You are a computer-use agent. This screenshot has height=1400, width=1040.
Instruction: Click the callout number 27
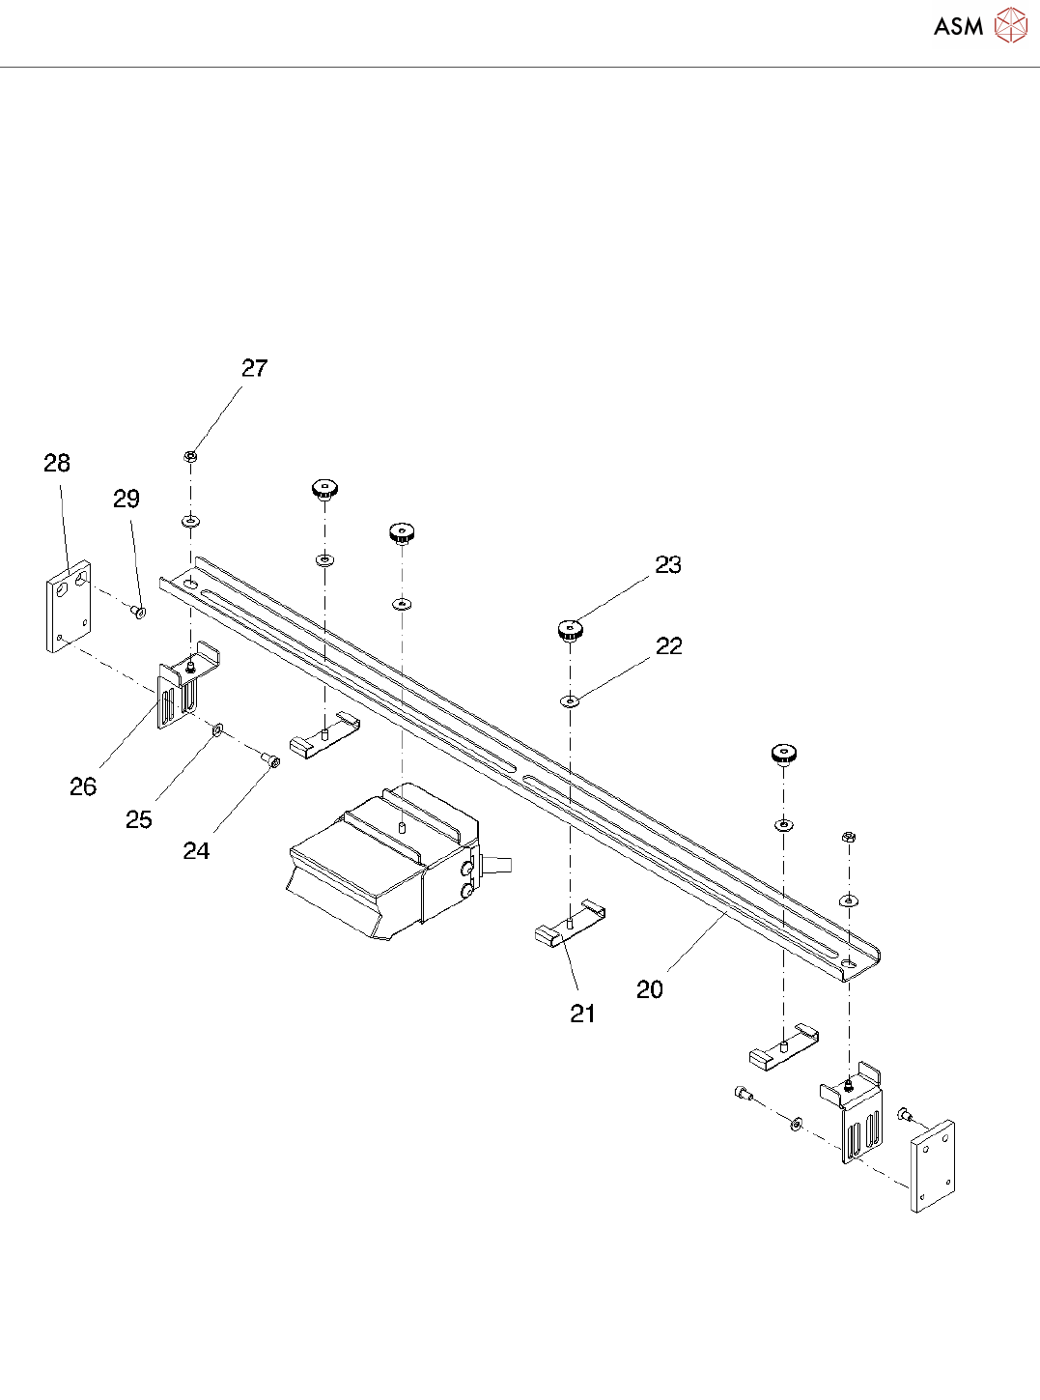(254, 368)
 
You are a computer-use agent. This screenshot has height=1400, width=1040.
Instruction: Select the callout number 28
(57, 463)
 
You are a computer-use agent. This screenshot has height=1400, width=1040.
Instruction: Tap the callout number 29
(126, 499)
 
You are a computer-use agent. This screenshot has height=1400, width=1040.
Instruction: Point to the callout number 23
(668, 564)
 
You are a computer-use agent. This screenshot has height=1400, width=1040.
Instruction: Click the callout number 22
(668, 645)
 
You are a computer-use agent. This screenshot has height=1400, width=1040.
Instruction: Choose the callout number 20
(650, 988)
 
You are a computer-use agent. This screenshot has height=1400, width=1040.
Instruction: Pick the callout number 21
(582, 1013)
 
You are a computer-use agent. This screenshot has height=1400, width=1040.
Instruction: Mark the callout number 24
(196, 850)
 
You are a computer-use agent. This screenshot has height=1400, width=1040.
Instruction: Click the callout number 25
(139, 819)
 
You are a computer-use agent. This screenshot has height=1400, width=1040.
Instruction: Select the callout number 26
(83, 786)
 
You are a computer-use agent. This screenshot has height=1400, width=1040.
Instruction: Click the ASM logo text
(958, 27)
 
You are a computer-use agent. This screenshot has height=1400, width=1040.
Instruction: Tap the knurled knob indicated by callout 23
(571, 631)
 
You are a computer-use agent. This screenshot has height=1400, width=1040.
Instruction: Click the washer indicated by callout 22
(571, 700)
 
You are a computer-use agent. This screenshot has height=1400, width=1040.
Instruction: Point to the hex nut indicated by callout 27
(191, 456)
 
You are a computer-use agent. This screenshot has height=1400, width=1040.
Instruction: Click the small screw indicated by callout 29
(139, 612)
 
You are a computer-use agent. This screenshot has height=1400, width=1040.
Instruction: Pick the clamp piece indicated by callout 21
(568, 926)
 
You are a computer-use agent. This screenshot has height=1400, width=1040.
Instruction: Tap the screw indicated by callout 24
(273, 762)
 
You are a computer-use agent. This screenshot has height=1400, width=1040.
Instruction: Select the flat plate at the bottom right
(933, 1166)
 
